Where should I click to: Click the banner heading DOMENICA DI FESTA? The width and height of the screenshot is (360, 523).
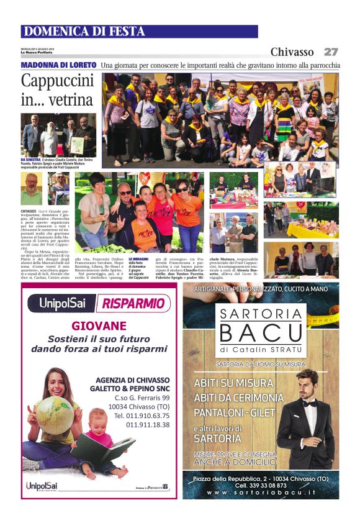[84, 32]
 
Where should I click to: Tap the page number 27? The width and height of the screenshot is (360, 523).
[331, 52]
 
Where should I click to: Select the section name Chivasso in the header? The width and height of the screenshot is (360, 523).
[292, 52]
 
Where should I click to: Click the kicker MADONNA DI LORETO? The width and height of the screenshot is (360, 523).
[58, 65]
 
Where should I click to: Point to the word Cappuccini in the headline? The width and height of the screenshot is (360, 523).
[57, 81]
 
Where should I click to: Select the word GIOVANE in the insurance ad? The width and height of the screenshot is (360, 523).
[99, 325]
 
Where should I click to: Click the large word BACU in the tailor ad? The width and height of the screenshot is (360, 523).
[261, 334]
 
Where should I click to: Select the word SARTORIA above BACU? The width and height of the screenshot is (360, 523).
[261, 312]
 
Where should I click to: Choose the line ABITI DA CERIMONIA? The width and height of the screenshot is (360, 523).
[239, 398]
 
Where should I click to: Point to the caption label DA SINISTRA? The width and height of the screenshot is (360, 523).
[31, 159]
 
